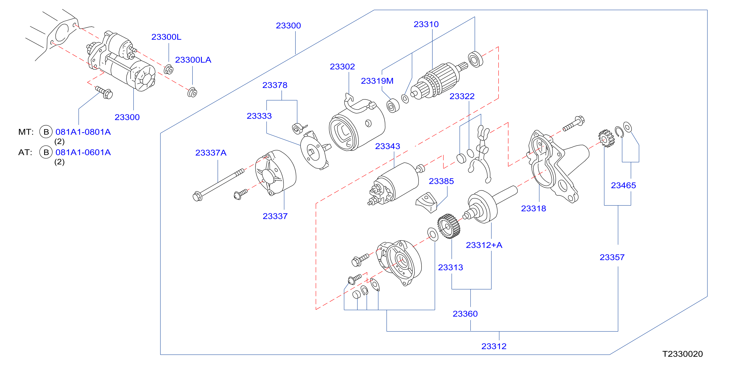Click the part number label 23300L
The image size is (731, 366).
click(166, 37)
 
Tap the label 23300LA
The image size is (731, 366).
click(193, 60)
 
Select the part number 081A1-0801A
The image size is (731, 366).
click(83, 132)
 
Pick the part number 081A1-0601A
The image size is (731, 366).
click(83, 152)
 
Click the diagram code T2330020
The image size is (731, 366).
click(682, 354)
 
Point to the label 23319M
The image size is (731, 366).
click(377, 81)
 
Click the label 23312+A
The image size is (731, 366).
click(484, 245)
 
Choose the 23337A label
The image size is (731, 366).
click(211, 153)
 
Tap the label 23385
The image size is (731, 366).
click(441, 181)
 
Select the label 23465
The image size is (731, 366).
click(623, 185)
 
